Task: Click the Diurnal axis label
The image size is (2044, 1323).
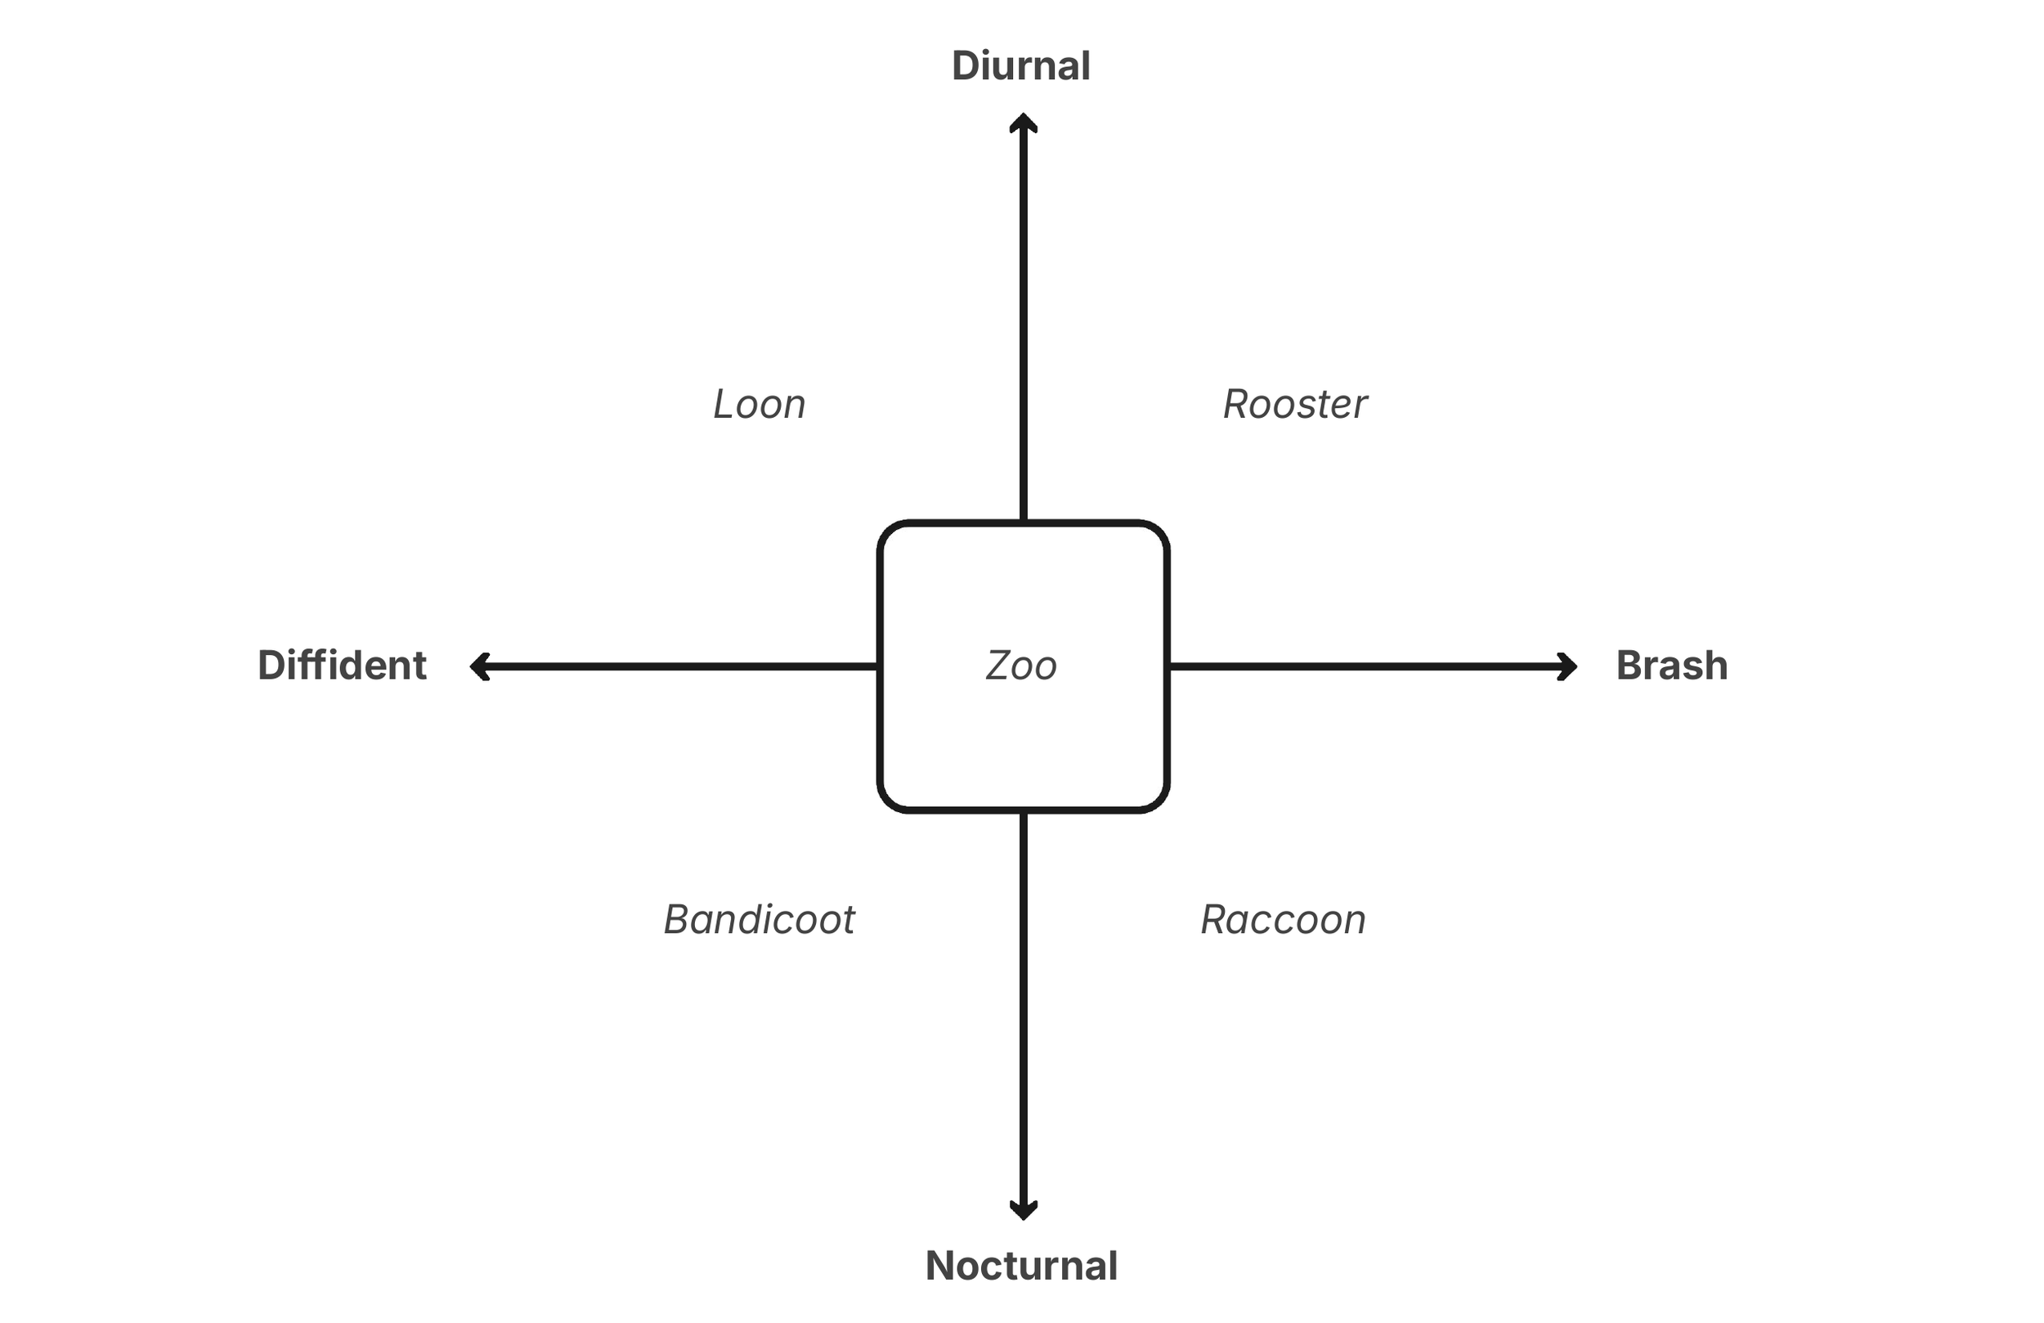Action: [1020, 66]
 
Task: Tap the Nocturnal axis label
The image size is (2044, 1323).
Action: [1021, 1266]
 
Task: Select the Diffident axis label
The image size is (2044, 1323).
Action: [342, 666]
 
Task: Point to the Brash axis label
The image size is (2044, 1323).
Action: [1671, 666]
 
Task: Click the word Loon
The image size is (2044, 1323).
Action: [760, 405]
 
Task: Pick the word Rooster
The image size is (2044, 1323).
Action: [1295, 405]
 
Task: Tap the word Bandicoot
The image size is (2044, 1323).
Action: [760, 920]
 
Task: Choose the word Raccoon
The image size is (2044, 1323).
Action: [1283, 920]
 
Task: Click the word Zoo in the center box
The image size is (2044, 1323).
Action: [1021, 666]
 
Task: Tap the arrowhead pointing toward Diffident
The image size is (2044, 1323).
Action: [478, 666]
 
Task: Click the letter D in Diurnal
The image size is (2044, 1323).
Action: [966, 66]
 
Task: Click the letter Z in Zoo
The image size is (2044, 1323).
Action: [999, 666]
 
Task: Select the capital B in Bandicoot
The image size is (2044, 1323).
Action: [679, 920]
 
